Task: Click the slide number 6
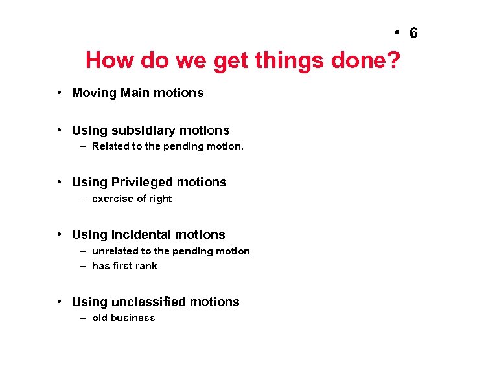point(413,33)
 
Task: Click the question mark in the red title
point(393,61)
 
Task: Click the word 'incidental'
point(141,235)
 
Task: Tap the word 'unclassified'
point(148,302)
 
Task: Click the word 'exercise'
point(113,199)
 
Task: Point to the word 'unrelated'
point(115,251)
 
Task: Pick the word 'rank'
point(146,266)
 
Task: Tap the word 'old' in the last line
point(100,318)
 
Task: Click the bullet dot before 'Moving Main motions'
point(59,93)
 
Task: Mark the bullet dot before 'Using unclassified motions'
point(59,302)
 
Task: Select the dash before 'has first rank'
point(84,266)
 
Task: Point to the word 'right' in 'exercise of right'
point(159,199)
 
